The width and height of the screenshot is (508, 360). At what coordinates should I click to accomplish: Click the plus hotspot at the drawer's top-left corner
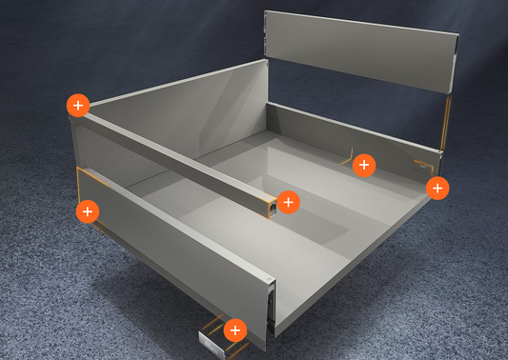(78, 105)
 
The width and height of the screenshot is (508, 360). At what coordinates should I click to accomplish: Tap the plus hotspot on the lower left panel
(87, 210)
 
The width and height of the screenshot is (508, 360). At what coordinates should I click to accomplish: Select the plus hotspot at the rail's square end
(288, 202)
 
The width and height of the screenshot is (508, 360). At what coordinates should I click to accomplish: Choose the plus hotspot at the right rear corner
(437, 188)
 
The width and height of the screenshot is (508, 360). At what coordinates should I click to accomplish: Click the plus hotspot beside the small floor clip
(234, 330)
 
